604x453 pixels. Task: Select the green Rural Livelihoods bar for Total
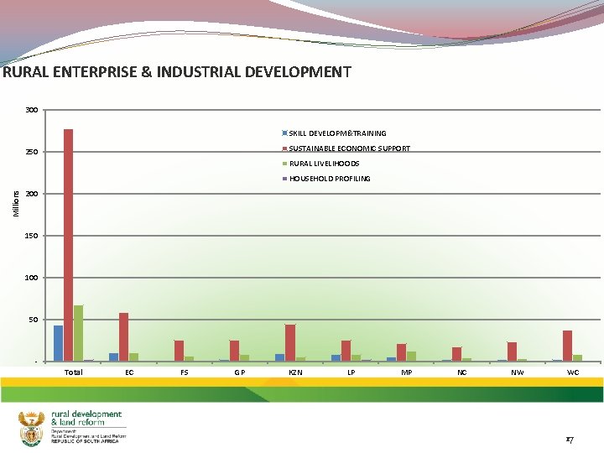click(78, 333)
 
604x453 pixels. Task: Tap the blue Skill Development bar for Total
click(58, 343)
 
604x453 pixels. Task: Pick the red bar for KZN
click(290, 343)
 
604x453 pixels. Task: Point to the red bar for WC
click(568, 346)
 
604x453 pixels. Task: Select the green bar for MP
click(411, 357)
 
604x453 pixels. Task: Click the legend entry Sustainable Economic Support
click(349, 148)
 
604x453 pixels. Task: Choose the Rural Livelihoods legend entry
click(324, 164)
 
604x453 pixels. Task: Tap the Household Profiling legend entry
click(329, 179)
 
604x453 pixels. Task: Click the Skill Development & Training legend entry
click(337, 133)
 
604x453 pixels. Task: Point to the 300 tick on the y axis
click(31, 110)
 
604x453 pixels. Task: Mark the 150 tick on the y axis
click(31, 236)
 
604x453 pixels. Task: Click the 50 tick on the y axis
click(34, 320)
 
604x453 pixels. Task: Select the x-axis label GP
click(240, 372)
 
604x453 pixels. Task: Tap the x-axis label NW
click(518, 372)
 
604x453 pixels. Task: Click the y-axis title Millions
click(16, 202)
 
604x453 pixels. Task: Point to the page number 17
click(569, 439)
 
